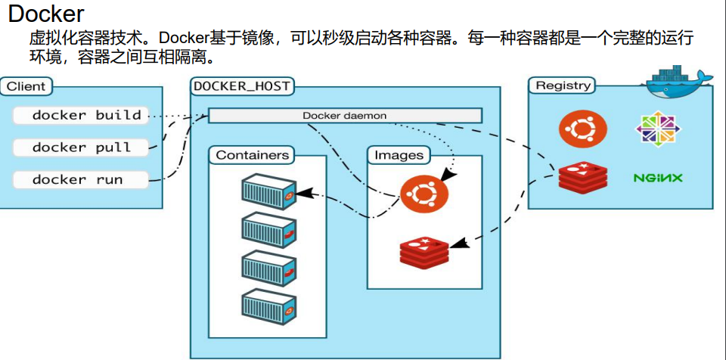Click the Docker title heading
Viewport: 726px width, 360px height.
[45, 14]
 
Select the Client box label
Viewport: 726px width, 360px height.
[26, 86]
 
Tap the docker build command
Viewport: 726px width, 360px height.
[86, 116]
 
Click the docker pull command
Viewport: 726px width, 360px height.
[81, 147]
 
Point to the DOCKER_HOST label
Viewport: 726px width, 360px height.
[241, 86]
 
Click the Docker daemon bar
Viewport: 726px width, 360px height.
[345, 116]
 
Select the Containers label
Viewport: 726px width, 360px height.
[253, 155]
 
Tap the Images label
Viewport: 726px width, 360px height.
[399, 155]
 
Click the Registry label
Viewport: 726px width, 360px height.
[563, 85]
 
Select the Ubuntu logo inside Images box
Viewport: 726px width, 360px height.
[423, 194]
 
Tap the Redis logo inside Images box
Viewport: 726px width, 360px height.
[423, 252]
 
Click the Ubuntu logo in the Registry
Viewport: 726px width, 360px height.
[582, 129]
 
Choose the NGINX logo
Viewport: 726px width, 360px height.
[657, 178]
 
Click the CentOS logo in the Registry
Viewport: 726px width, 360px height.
[657, 129]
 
